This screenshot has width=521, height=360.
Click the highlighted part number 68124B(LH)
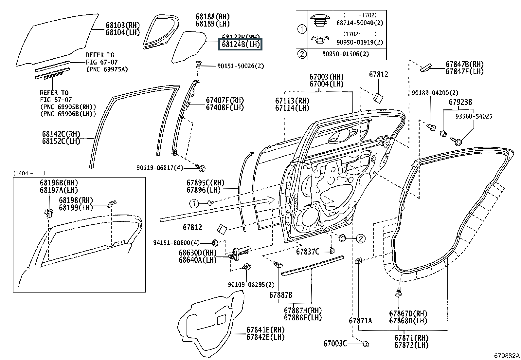pyautogui.click(x=240, y=45)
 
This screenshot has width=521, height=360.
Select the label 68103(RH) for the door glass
pyautogui.click(x=122, y=25)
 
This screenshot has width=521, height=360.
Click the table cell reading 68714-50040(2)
pyautogui.click(x=360, y=23)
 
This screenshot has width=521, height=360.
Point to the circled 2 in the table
pyautogui.click(x=302, y=54)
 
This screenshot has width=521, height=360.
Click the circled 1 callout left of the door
pyautogui.click(x=194, y=204)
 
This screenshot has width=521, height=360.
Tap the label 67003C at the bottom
pyautogui.click(x=335, y=344)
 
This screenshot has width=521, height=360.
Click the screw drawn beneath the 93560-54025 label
pyautogui.click(x=457, y=142)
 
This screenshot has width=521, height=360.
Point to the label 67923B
pyautogui.click(x=460, y=102)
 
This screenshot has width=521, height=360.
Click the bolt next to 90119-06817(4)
pyautogui.click(x=202, y=168)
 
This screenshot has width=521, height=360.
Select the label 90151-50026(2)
pyautogui.click(x=241, y=66)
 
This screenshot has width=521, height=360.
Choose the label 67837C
pyautogui.click(x=308, y=252)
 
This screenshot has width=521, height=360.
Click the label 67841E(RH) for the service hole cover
pyautogui.click(x=265, y=330)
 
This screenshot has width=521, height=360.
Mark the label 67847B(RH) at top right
pyautogui.click(x=464, y=64)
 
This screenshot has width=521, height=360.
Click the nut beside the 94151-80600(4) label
pyautogui.click(x=215, y=243)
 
